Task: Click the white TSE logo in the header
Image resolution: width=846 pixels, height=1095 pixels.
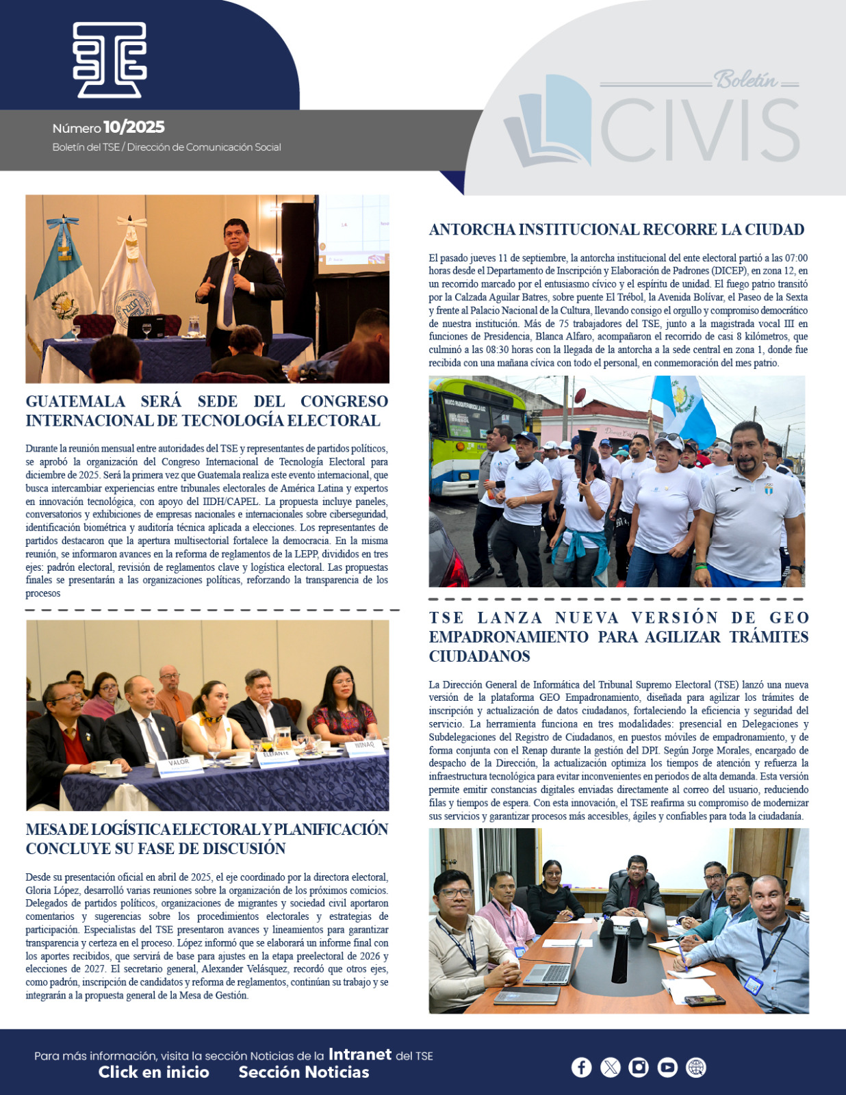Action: pos(110,60)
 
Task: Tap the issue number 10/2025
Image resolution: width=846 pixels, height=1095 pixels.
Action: pos(134,127)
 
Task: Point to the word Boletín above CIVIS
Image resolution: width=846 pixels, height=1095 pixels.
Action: pos(746,80)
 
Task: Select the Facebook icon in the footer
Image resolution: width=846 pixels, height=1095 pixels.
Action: pos(581,1067)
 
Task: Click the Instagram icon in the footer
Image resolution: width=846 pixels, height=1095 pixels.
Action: pos(639,1067)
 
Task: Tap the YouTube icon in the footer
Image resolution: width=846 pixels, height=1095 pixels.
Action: pos(667,1067)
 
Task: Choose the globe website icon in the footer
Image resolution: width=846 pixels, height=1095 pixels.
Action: pos(696,1067)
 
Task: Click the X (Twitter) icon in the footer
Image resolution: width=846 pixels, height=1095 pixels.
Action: pos(610,1067)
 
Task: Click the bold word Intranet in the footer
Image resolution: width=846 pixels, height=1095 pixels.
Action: pos(360,1055)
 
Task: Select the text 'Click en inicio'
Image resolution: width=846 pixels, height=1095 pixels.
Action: pos(153,1072)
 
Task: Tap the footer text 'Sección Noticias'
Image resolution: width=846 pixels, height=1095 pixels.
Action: pos(304,1072)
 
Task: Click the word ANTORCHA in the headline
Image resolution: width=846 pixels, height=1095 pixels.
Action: pos(471,230)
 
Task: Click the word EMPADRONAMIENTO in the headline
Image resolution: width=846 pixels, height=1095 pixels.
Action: pos(509,637)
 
